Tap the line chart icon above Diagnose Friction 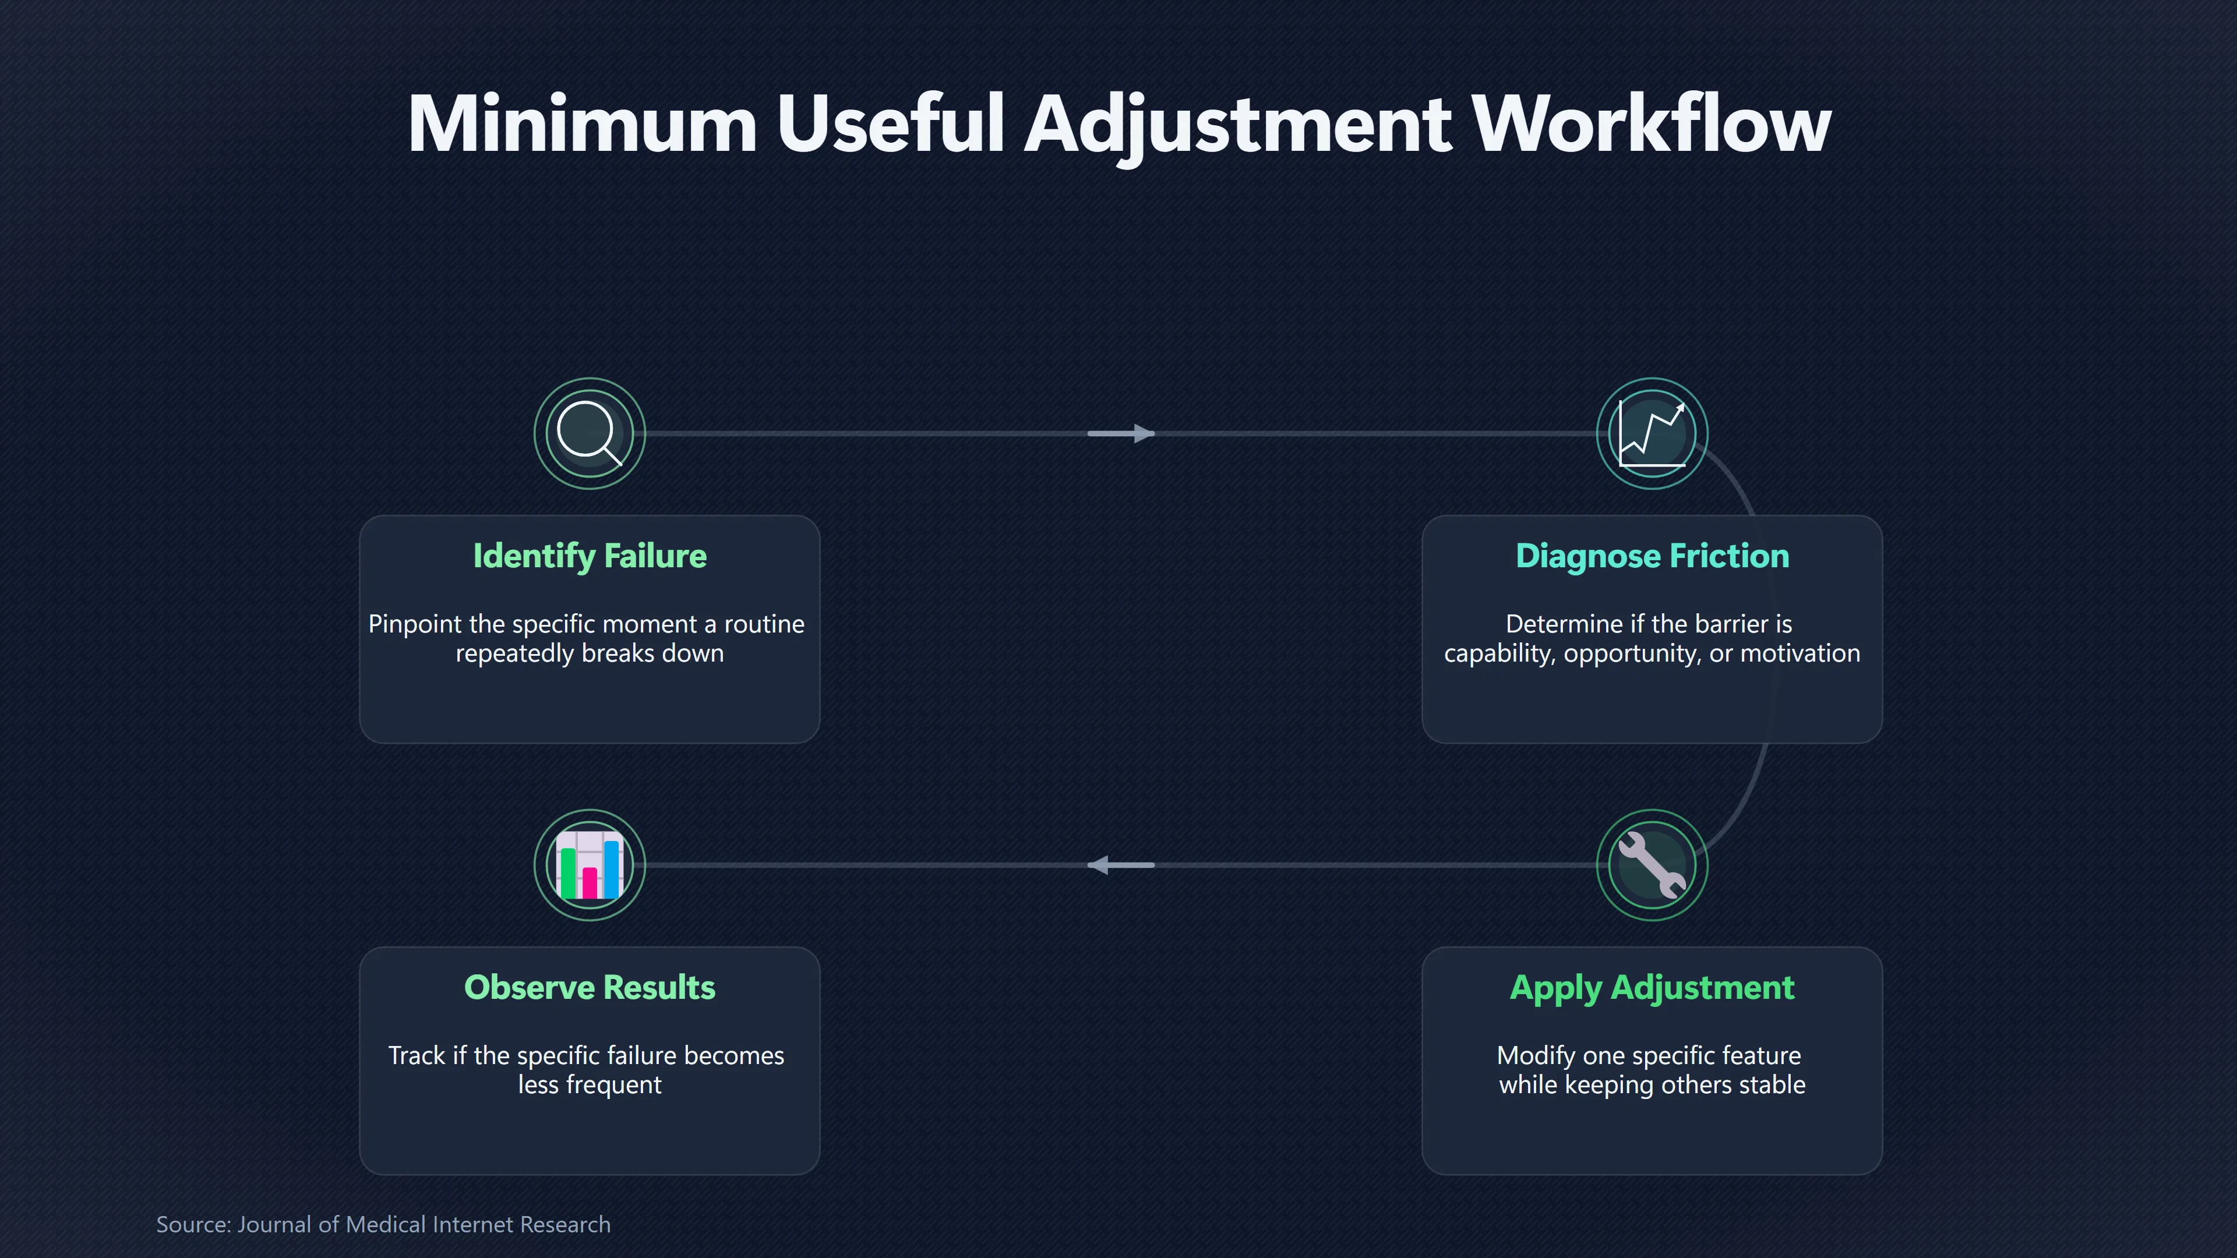pyautogui.click(x=1652, y=433)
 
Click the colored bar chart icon pyautogui.click(x=590, y=865)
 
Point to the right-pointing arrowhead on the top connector pyautogui.click(x=1144, y=433)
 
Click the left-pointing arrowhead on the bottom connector pyautogui.click(x=1099, y=865)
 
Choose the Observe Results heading pyautogui.click(x=590, y=988)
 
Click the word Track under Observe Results pyautogui.click(x=416, y=1056)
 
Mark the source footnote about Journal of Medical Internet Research pyautogui.click(x=383, y=1224)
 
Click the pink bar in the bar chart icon pyautogui.click(x=590, y=882)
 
